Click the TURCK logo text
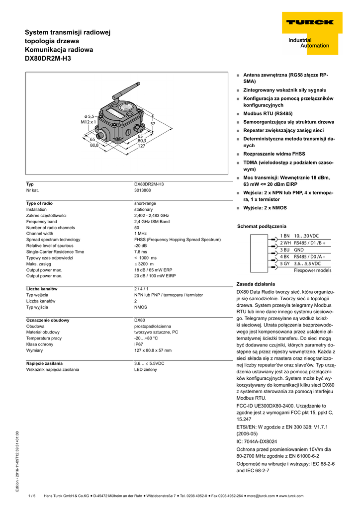(309, 22)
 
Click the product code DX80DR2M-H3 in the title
(48, 59)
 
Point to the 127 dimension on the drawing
(142, 146)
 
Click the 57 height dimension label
(153, 123)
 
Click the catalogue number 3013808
(143, 190)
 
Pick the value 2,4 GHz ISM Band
(152, 222)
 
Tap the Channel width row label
(40, 234)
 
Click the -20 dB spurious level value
(141, 246)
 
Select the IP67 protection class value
(139, 344)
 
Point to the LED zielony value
(145, 369)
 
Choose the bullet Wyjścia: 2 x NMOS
(265, 208)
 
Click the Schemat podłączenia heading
(262, 226)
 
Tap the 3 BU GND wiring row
(292, 250)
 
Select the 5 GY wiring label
(285, 263)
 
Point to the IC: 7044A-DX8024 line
(257, 441)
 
